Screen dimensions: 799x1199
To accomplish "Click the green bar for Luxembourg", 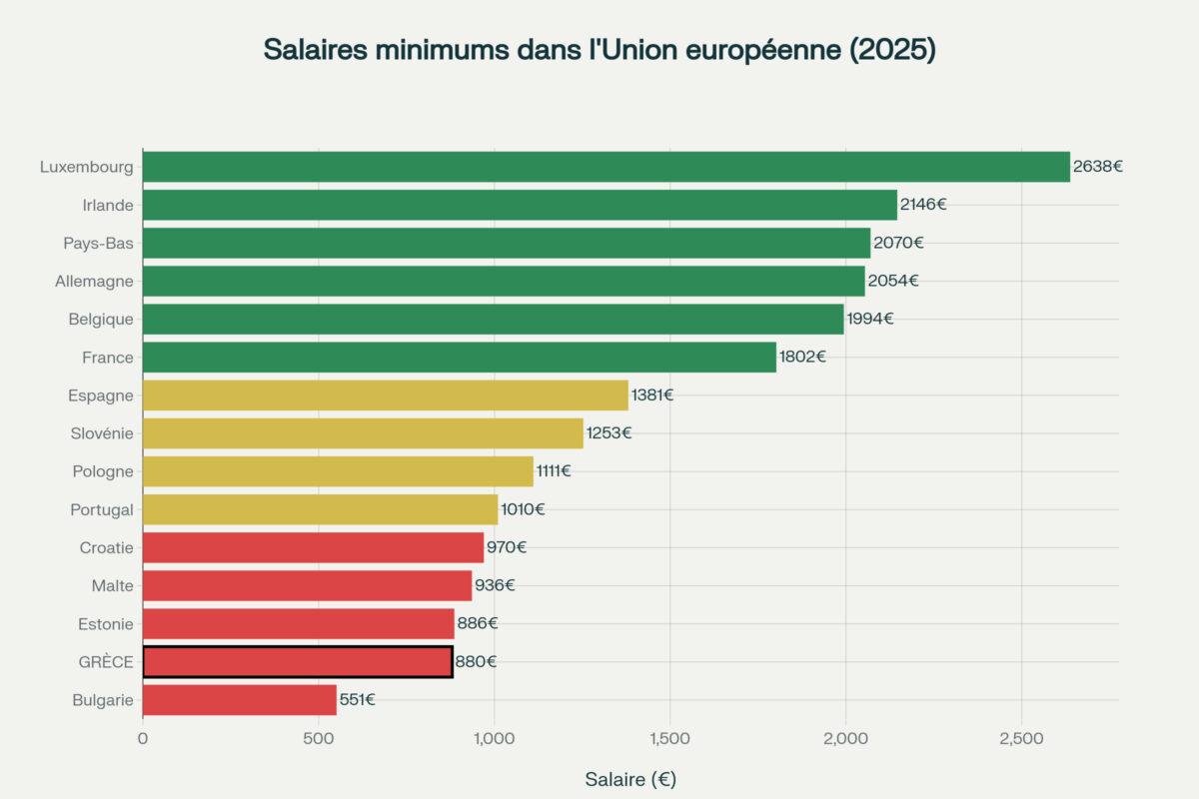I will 605,167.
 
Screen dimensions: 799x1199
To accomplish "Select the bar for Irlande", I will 520,205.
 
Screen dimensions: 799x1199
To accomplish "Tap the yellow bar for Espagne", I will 385,396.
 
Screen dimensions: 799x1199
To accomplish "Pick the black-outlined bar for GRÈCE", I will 298,661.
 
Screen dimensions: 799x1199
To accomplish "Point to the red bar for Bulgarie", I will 240,700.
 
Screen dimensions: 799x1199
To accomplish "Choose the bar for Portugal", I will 320,509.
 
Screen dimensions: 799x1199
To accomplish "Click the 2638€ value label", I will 1097,167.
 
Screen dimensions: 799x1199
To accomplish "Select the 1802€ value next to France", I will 802,357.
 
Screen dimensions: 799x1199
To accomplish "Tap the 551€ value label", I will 357,700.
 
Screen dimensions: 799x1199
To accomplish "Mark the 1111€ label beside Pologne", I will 553,471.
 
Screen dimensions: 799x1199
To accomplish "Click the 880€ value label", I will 476,661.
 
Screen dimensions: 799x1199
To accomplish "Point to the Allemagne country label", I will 94,282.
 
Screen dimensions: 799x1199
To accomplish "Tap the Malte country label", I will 112,585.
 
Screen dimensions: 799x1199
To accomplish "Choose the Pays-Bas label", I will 98,243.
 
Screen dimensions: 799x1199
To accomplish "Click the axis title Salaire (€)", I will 630,779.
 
